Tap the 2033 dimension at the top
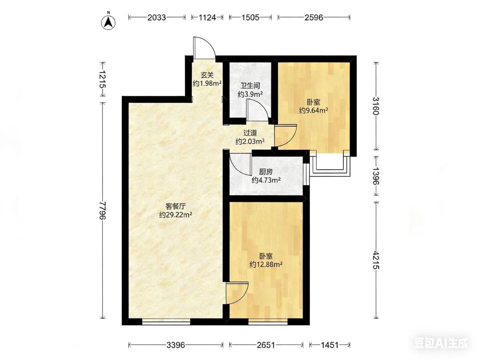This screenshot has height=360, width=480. (x=157, y=17)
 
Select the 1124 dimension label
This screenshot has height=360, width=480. (x=207, y=17)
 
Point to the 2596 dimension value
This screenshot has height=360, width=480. (x=314, y=17)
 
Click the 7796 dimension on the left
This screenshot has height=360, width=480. (x=102, y=210)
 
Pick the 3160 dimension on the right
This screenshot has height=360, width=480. (x=376, y=106)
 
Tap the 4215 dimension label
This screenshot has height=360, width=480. (x=376, y=260)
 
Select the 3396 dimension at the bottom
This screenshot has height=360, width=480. (x=176, y=345)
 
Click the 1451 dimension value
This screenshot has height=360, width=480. (x=329, y=345)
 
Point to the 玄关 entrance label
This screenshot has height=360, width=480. (x=207, y=75)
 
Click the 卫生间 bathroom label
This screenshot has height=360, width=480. (x=250, y=86)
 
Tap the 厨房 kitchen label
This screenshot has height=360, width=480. (x=266, y=172)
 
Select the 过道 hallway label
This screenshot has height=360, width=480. (x=250, y=133)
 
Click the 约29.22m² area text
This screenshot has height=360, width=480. (x=175, y=214)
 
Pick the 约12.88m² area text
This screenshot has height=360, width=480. (x=266, y=264)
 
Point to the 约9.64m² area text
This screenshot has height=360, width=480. (x=314, y=110)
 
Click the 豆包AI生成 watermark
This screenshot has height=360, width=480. (x=441, y=343)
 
